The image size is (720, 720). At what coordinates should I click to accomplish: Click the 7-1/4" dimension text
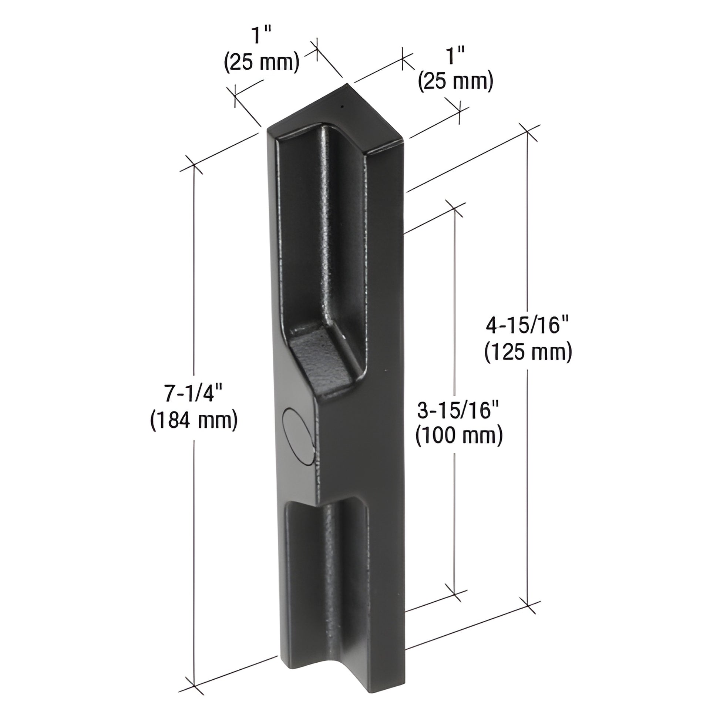(194, 394)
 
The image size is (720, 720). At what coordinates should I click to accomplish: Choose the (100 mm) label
(459, 435)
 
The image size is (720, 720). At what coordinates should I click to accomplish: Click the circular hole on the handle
(298, 436)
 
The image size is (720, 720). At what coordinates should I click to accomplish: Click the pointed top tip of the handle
(347, 85)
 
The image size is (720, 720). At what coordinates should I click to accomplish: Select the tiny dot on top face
(342, 107)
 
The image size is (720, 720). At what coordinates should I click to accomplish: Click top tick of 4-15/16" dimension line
(528, 133)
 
